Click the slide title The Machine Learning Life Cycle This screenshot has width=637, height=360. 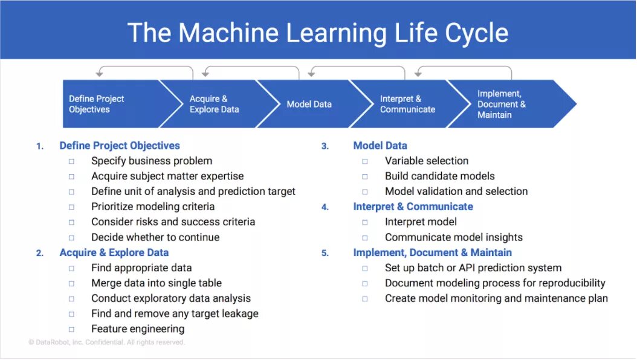click(318, 33)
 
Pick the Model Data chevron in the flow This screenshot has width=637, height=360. click(309, 104)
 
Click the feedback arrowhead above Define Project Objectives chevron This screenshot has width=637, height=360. click(99, 74)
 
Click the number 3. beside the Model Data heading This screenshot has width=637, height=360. click(325, 146)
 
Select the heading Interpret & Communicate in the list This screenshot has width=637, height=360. click(413, 207)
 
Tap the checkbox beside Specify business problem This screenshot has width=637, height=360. click(71, 161)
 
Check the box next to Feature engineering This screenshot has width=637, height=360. click(71, 329)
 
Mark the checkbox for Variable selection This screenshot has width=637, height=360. click(365, 161)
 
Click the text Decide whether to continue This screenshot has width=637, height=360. click(155, 237)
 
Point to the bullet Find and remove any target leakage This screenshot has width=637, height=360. click(175, 313)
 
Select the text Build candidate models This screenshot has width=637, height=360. click(439, 176)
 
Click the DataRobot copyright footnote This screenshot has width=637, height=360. click(106, 342)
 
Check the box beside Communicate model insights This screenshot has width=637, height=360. click(365, 237)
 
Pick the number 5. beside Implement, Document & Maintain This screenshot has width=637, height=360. click(325, 253)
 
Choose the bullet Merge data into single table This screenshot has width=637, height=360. click(157, 283)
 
